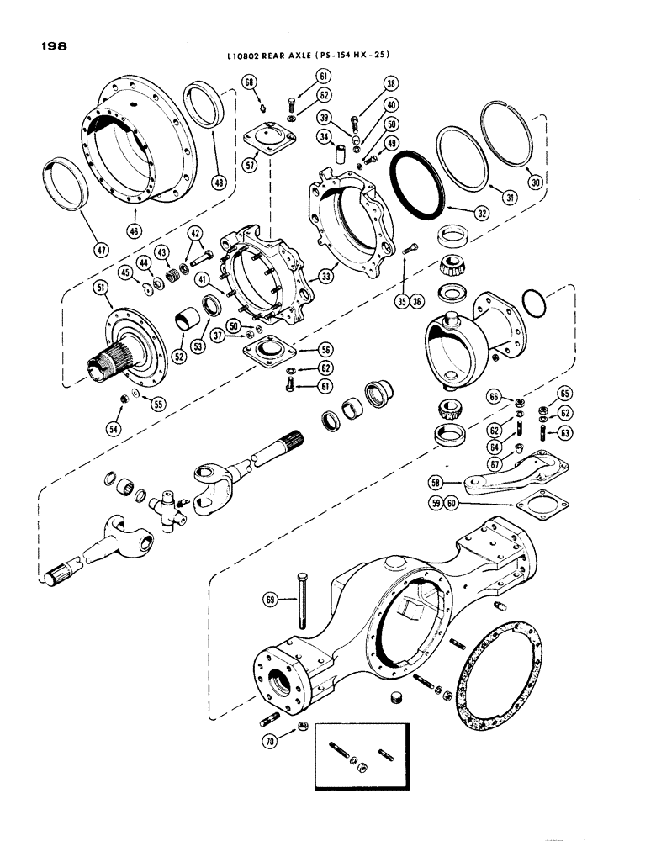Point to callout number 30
[x=529, y=179]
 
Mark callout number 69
[x=270, y=599]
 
